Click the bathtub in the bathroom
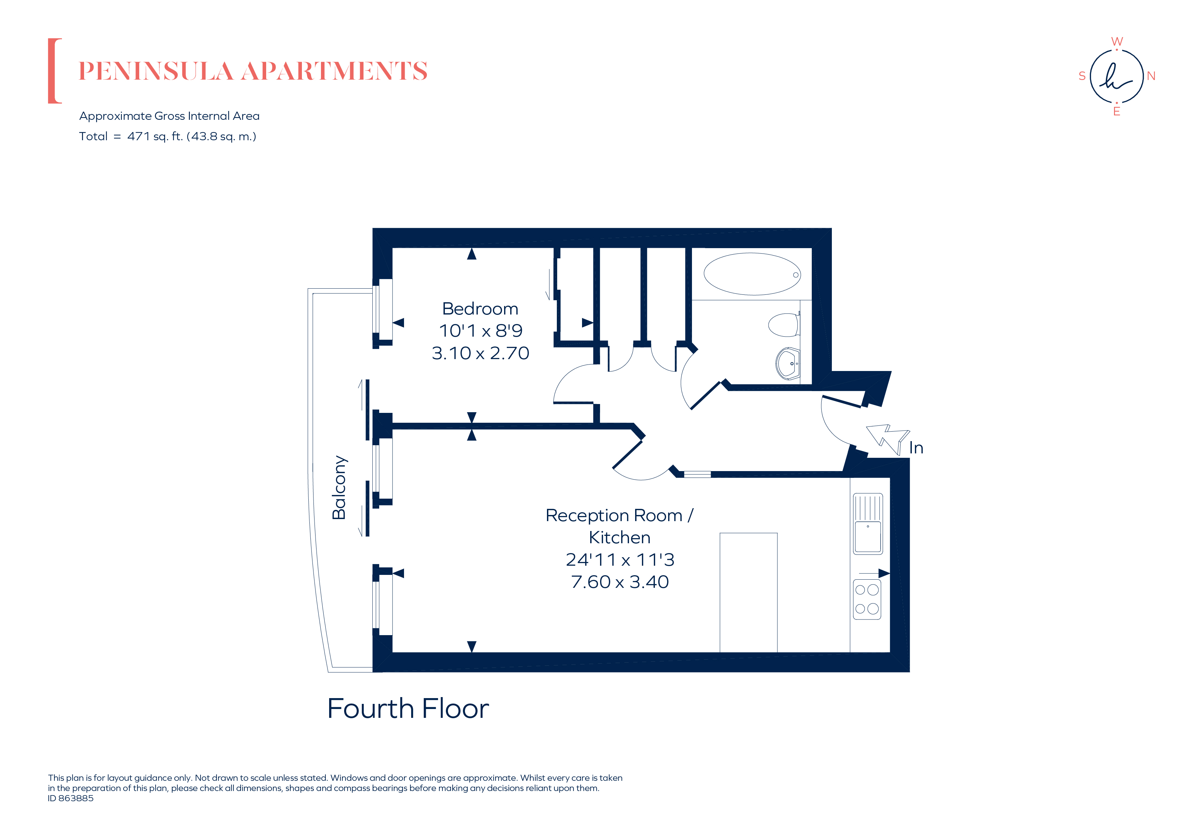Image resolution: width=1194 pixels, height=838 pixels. click(752, 274)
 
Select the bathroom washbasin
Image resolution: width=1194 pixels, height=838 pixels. click(788, 363)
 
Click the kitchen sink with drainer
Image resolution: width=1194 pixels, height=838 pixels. click(867, 523)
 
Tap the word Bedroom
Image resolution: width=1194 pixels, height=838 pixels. click(480, 309)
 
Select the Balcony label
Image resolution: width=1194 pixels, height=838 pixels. click(339, 487)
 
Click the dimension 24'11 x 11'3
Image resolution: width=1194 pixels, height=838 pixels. click(620, 560)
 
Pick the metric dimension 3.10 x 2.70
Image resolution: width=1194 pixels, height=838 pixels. click(480, 353)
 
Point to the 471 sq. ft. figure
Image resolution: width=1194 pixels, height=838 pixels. click(155, 136)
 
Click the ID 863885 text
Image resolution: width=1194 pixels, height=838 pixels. click(71, 798)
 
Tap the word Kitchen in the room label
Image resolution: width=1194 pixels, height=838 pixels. click(619, 537)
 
